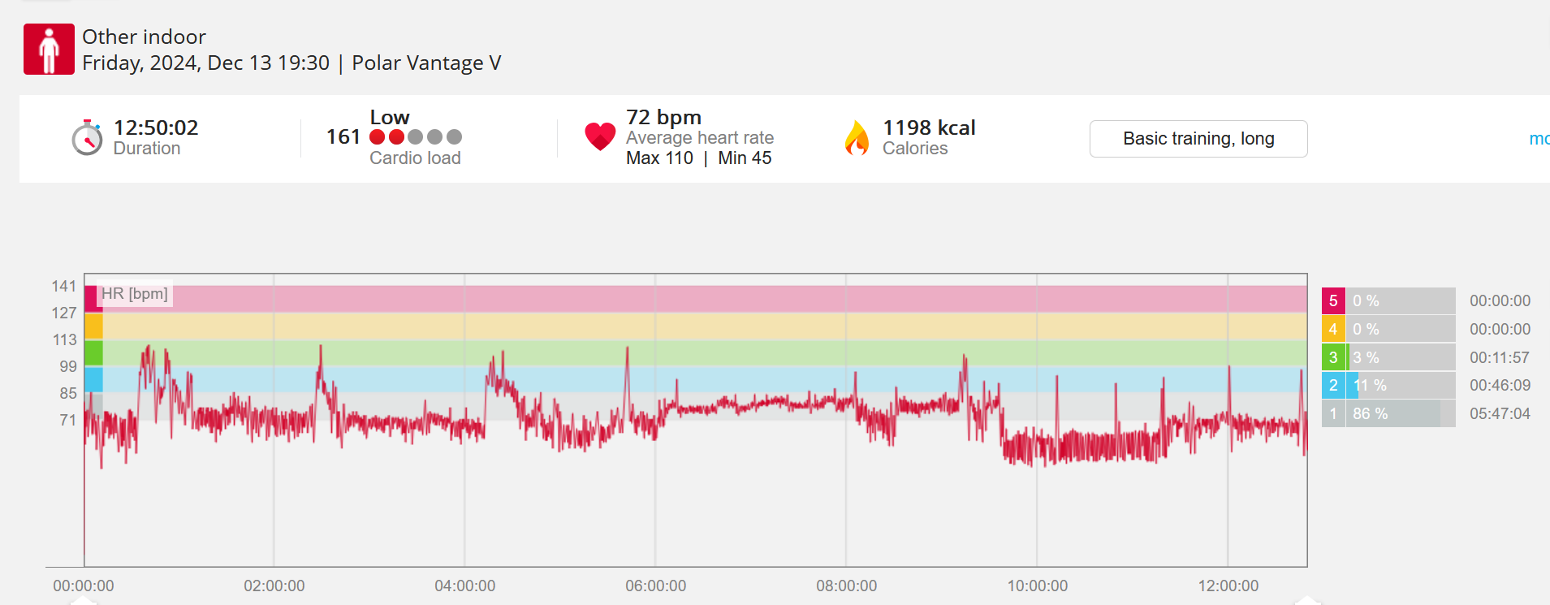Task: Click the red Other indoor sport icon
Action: tap(49, 50)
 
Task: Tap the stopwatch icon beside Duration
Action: tap(87, 138)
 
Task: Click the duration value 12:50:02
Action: tap(156, 127)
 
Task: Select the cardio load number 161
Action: tap(343, 136)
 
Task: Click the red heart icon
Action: tap(600, 136)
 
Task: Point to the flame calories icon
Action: tap(857, 137)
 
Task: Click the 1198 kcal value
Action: tap(929, 127)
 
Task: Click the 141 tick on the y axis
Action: tap(63, 286)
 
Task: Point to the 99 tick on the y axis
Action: tap(67, 366)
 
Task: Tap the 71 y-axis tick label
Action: tap(67, 420)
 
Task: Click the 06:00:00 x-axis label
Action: tap(655, 586)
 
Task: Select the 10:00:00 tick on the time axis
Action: tap(1037, 586)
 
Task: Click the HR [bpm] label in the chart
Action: tap(135, 294)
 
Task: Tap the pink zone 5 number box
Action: tap(1332, 300)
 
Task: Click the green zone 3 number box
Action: tap(1332, 357)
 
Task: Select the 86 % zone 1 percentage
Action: tap(1370, 413)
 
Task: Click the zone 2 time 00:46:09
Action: tap(1500, 385)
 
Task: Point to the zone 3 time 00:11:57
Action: tap(1500, 357)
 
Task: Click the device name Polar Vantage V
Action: tap(426, 63)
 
